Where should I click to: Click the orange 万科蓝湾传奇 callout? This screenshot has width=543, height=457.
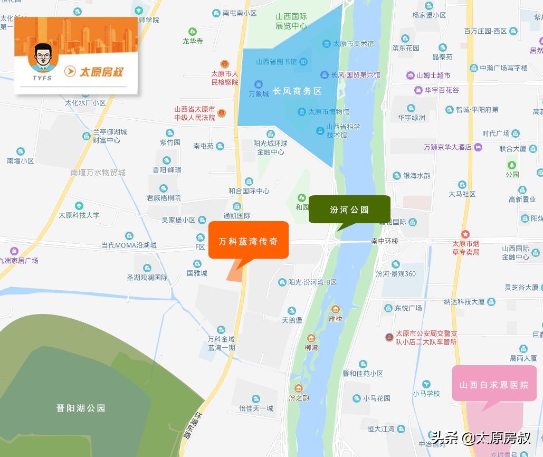click(x=248, y=241)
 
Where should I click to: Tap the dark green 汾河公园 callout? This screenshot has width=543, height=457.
click(x=349, y=210)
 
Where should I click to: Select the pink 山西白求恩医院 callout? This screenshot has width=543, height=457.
click(x=493, y=385)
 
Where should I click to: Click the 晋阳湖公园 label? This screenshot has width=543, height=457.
click(x=81, y=408)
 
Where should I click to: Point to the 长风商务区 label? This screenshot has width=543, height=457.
click(x=297, y=91)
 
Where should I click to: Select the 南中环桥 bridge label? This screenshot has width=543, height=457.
click(x=384, y=241)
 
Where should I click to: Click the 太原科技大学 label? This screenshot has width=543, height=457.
click(x=79, y=215)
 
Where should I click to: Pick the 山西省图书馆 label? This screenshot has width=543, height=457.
click(x=277, y=62)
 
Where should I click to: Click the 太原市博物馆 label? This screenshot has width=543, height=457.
click(x=328, y=112)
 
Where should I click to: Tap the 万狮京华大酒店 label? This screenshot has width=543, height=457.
click(x=447, y=147)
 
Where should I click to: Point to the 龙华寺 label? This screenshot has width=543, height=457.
click(x=192, y=41)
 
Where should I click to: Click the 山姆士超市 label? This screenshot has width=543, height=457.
click(x=433, y=75)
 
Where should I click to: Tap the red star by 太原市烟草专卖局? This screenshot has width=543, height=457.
click(x=465, y=234)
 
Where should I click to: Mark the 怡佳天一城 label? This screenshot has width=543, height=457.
click(x=256, y=408)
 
